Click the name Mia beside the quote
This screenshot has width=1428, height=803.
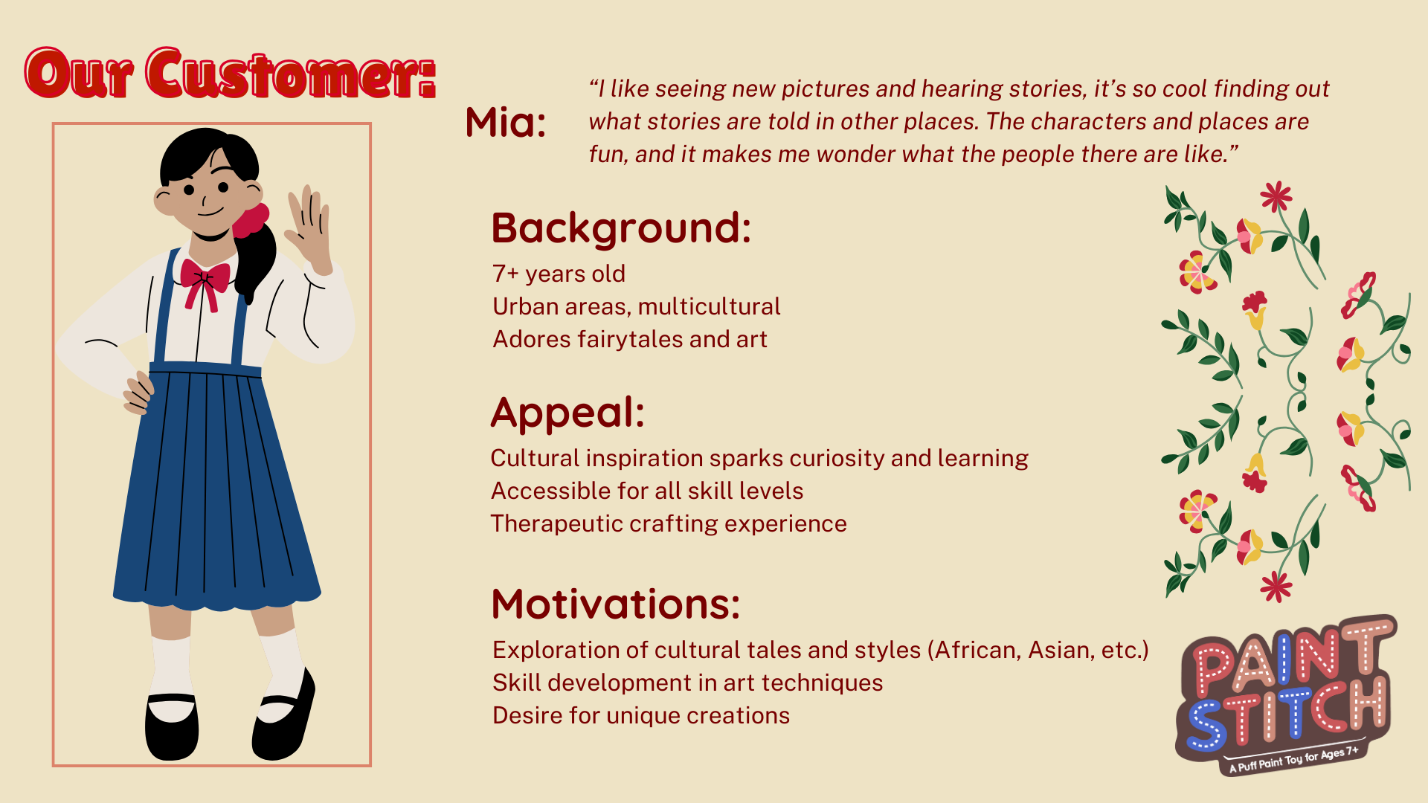[x=506, y=123]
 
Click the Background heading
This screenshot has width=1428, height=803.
[x=621, y=228]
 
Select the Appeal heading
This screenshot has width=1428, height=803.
[x=567, y=413]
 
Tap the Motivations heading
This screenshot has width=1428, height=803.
[x=616, y=604]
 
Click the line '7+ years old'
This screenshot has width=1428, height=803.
[x=559, y=274]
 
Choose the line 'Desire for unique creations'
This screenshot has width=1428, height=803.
[x=641, y=715]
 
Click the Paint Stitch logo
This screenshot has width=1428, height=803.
[x=1285, y=694]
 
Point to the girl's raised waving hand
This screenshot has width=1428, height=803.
[x=311, y=227]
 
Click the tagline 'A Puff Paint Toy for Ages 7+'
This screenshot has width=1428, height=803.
[x=1294, y=758]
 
